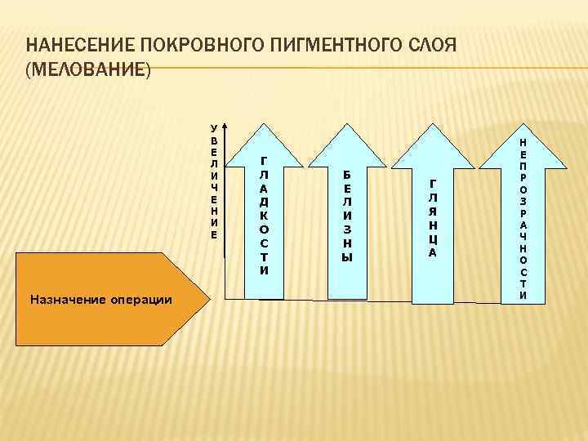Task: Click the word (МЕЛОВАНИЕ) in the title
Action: click(x=89, y=71)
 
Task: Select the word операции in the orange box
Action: click(x=141, y=300)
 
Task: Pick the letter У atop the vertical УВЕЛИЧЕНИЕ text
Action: click(x=213, y=128)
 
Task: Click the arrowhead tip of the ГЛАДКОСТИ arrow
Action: click(x=264, y=125)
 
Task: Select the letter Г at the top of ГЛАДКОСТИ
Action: click(x=264, y=163)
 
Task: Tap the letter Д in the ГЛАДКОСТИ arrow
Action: click(x=264, y=202)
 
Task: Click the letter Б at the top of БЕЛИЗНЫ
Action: click(x=346, y=175)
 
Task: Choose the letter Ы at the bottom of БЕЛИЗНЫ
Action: click(x=346, y=256)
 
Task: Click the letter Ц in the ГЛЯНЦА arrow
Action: click(x=433, y=238)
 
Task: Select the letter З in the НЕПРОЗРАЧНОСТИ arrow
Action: click(x=523, y=200)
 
